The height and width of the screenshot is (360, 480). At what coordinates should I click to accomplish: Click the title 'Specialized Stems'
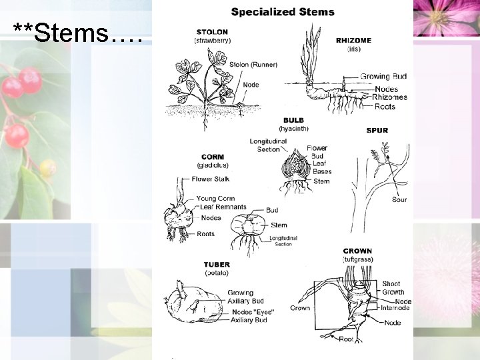(283, 11)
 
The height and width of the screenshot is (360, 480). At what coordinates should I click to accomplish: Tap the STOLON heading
(212, 31)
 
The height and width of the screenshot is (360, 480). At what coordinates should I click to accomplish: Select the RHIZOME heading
(354, 40)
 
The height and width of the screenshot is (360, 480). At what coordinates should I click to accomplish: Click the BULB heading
(293, 120)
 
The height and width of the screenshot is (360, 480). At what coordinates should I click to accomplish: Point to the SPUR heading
(377, 131)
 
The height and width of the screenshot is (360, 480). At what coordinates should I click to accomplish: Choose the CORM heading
(213, 157)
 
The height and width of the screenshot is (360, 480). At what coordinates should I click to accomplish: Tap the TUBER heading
(217, 264)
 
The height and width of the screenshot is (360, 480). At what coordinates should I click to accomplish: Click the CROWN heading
(357, 251)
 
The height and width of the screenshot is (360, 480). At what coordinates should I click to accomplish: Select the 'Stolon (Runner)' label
(253, 65)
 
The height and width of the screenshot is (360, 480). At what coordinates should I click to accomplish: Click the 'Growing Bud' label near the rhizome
(383, 76)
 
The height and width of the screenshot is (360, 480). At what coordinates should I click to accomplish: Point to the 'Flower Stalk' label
(211, 179)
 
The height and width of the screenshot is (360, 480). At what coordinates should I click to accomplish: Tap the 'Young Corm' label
(215, 199)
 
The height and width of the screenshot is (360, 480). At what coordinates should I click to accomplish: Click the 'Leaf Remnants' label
(223, 207)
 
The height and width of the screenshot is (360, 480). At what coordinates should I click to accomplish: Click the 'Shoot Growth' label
(393, 288)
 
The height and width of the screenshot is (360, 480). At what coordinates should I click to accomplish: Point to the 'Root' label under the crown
(346, 339)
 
